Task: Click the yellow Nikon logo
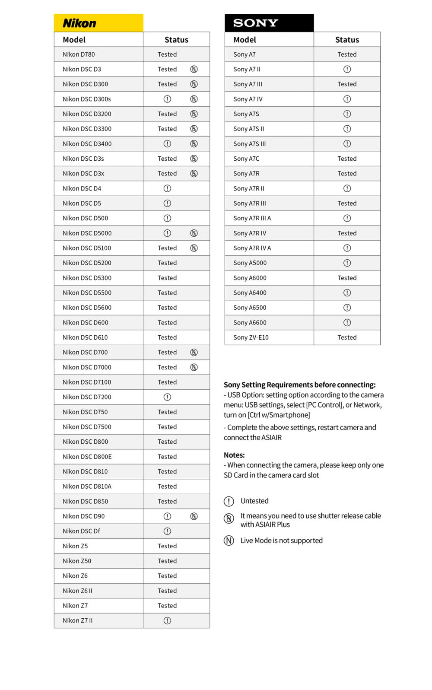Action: point(79,23)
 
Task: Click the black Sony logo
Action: point(255,23)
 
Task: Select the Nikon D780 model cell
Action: point(79,54)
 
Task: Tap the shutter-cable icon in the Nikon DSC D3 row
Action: point(194,69)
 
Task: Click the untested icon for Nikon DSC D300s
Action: point(167,99)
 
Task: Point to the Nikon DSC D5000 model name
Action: point(87,233)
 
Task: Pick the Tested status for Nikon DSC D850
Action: point(167,501)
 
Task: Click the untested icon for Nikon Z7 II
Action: point(167,620)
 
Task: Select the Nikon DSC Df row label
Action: point(81,531)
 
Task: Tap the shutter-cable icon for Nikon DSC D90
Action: point(194,516)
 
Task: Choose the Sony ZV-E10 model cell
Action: point(251,337)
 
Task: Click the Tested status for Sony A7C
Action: point(347,159)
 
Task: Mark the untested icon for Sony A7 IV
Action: point(347,99)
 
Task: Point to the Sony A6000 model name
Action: point(250,278)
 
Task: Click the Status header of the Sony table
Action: point(347,40)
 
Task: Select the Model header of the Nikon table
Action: point(74,40)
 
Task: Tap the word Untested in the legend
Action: point(254,501)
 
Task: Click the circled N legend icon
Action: point(229,541)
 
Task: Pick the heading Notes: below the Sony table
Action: point(234,455)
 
